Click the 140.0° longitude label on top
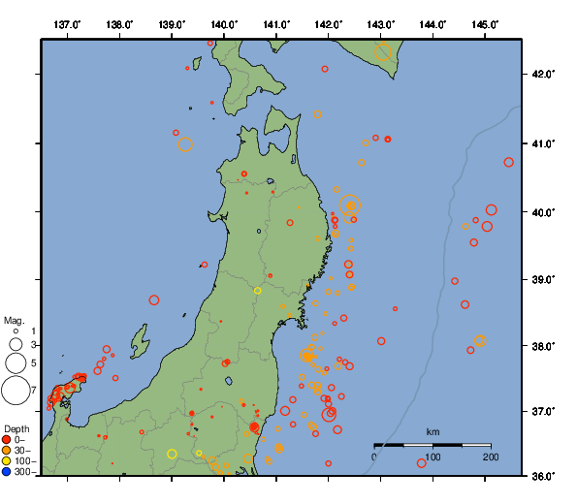tap(223, 24)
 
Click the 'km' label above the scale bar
tap(433, 431)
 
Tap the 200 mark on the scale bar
tap(490, 456)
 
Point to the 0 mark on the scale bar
tap(375, 456)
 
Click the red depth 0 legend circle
tap(7, 440)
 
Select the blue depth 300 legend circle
tap(7, 472)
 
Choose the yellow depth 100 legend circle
tap(7, 461)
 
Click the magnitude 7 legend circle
tap(15, 391)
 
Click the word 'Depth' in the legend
tap(16, 428)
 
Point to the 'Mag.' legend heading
tap(14, 320)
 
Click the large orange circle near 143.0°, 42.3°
tap(383, 52)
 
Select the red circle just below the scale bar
tap(422, 463)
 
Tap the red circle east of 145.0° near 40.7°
tap(509, 163)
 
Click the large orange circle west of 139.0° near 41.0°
tap(185, 145)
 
